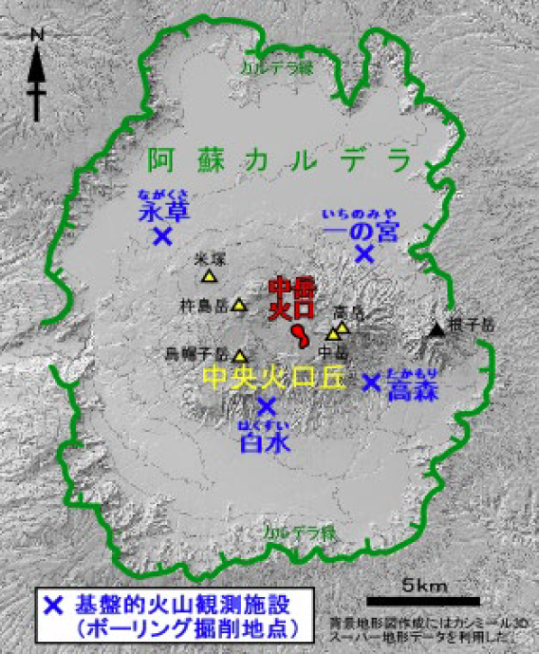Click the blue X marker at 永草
click(x=162, y=234)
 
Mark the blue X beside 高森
click(x=372, y=382)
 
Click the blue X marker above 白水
click(x=266, y=405)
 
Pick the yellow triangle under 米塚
click(x=209, y=276)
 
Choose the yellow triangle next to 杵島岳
click(x=240, y=307)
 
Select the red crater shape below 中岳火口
click(x=299, y=335)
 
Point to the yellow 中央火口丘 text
click(x=275, y=378)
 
